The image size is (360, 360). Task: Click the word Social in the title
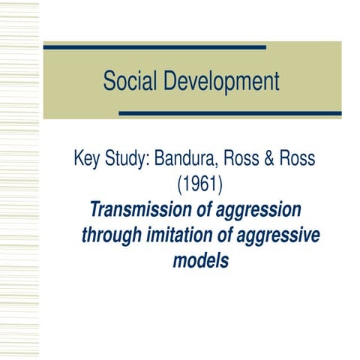129,81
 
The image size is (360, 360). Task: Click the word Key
87,160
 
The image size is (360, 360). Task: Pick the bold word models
199,262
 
